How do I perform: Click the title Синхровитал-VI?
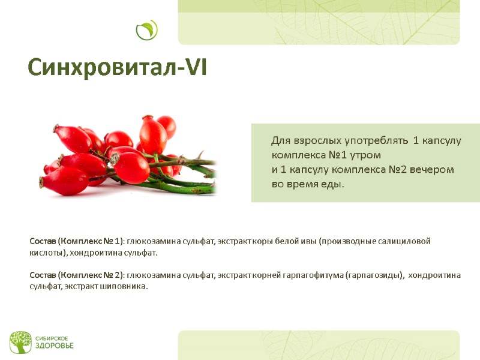(x=118, y=68)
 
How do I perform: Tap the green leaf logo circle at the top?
(x=146, y=30)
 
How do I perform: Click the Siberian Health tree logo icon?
(x=20, y=342)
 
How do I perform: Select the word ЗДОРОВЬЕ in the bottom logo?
(x=53, y=346)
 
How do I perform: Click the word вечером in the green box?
(x=433, y=170)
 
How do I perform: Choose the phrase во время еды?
(x=308, y=184)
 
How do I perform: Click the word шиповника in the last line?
(x=125, y=286)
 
